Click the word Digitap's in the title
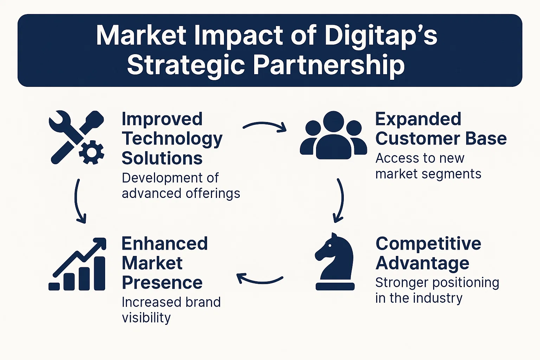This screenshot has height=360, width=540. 381,36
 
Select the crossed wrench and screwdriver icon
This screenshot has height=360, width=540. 76,137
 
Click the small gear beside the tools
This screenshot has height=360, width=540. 92,152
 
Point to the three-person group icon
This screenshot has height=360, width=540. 333,135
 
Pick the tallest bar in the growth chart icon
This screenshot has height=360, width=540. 99,274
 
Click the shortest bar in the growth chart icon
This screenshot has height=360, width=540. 54,287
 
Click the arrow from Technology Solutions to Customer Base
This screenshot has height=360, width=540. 264,126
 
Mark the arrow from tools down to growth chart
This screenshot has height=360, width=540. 78,201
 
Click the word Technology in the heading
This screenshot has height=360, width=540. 172,139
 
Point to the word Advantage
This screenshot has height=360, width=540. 422,263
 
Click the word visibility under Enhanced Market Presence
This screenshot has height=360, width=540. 146,317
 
